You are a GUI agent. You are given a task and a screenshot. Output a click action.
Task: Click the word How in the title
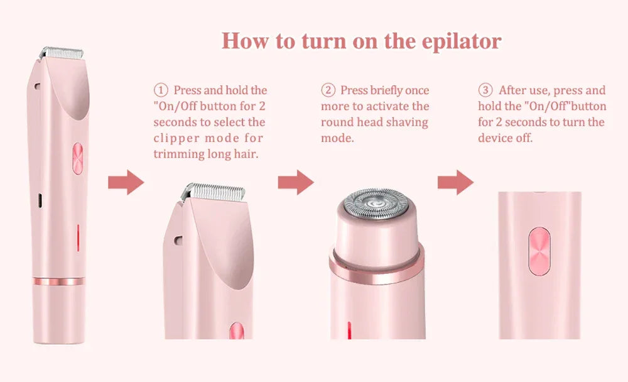click(244, 41)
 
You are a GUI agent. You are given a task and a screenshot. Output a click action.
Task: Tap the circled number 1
click(161, 90)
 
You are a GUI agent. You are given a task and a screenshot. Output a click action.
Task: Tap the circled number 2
click(328, 90)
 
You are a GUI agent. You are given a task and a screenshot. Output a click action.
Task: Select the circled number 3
click(485, 90)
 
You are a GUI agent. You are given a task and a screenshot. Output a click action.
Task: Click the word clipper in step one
click(177, 138)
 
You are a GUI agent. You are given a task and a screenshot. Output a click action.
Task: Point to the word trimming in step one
click(178, 153)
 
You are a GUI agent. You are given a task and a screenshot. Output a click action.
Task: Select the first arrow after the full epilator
click(126, 182)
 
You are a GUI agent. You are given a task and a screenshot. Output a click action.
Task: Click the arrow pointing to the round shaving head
click(295, 182)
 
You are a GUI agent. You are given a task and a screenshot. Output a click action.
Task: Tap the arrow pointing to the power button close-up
click(455, 182)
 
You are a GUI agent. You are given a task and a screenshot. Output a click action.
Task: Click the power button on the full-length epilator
click(78, 157)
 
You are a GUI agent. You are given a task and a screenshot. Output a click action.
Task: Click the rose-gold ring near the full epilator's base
click(58, 281)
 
